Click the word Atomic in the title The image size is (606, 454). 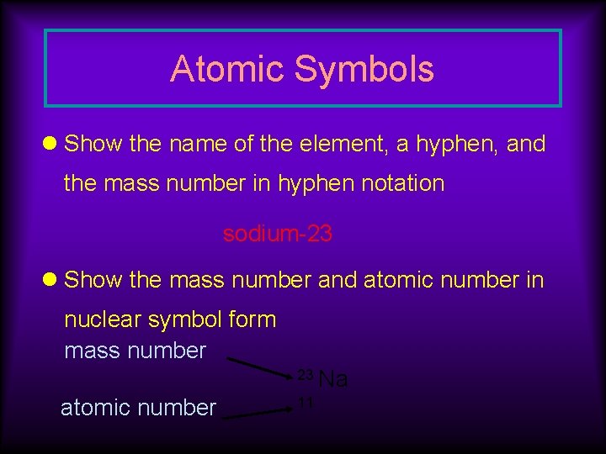click(227, 69)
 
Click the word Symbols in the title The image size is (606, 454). click(364, 69)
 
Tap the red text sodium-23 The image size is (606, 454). click(278, 235)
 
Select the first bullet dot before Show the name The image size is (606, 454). click(51, 144)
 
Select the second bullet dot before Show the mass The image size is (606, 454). click(51, 280)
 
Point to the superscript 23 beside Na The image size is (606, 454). click(306, 373)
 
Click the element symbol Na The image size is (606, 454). click(334, 380)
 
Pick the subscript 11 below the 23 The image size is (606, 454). click(306, 404)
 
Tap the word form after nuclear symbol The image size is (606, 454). click(255, 319)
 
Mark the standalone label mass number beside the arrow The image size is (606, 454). click(135, 351)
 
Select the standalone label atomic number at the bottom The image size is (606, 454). click(138, 409)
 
